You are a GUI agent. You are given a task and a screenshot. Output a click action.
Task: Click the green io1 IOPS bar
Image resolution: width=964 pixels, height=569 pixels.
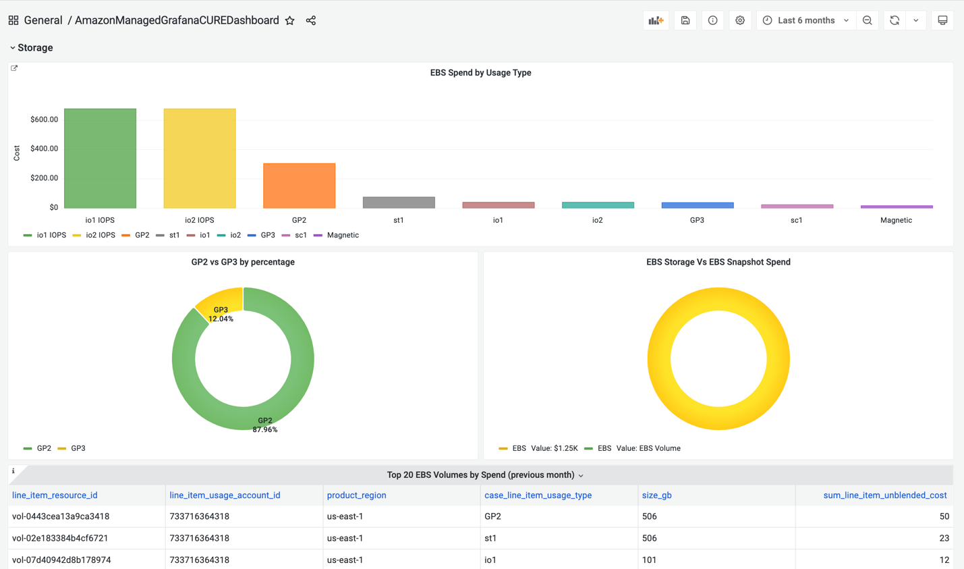[x=100, y=158]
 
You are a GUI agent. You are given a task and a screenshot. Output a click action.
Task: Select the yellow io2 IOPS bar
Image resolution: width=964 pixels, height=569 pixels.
[x=200, y=158]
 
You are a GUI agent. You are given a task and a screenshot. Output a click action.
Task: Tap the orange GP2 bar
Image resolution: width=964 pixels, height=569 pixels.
[x=299, y=186]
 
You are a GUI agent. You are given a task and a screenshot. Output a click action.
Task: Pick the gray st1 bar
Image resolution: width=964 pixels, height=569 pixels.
[x=399, y=202]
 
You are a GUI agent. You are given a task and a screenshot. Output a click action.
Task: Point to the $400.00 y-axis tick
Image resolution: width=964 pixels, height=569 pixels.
[x=44, y=148]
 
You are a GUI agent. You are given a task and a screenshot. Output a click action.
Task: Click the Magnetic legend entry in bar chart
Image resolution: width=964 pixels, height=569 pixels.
[x=342, y=235]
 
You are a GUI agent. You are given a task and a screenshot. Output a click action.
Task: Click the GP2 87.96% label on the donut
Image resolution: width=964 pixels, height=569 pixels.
[x=264, y=425]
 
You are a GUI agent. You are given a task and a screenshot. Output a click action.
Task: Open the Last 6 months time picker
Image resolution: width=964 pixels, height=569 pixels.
[x=806, y=20]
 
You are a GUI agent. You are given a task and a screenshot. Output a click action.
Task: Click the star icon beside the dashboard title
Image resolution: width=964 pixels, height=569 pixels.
[x=290, y=20]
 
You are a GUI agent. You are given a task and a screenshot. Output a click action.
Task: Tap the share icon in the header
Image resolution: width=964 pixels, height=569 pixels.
[x=311, y=20]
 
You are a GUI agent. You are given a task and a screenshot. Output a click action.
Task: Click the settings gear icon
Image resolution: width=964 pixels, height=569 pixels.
[x=740, y=20]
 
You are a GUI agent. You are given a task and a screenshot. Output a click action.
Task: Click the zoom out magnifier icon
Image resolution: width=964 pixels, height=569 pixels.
[x=868, y=20]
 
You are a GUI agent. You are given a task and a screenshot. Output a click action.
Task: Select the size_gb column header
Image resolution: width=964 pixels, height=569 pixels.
[x=656, y=495]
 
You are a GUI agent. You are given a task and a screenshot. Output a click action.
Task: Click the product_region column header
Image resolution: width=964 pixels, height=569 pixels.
[x=356, y=495]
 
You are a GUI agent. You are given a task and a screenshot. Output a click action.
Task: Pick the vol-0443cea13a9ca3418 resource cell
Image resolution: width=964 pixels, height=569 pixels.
[x=61, y=516]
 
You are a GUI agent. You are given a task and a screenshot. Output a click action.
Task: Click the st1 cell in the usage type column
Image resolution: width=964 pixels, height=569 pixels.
[x=490, y=538]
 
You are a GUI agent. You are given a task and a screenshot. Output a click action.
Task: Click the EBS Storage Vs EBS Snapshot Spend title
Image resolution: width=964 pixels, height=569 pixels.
[x=718, y=262]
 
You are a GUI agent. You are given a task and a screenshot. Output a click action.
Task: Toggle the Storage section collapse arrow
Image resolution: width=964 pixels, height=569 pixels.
[x=12, y=48]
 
